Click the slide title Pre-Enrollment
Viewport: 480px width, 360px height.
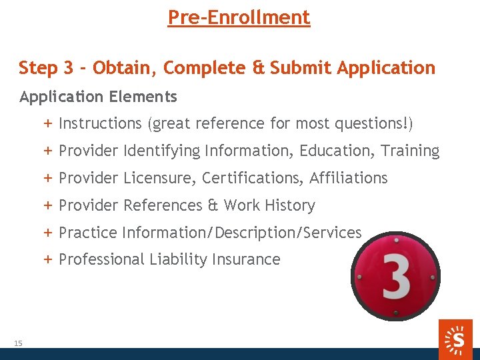click(x=239, y=17)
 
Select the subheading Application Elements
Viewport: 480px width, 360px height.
click(x=98, y=97)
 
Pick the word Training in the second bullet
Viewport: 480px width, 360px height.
click(x=410, y=151)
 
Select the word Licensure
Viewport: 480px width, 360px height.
click(x=159, y=178)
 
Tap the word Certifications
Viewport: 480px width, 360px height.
click(x=253, y=178)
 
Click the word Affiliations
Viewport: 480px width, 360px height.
click(x=348, y=178)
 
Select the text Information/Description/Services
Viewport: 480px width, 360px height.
click(x=243, y=233)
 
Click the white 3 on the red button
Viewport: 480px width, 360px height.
click(x=395, y=276)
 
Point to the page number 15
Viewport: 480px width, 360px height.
click(x=18, y=343)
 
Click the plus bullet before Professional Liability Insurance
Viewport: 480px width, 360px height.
click(x=49, y=259)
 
